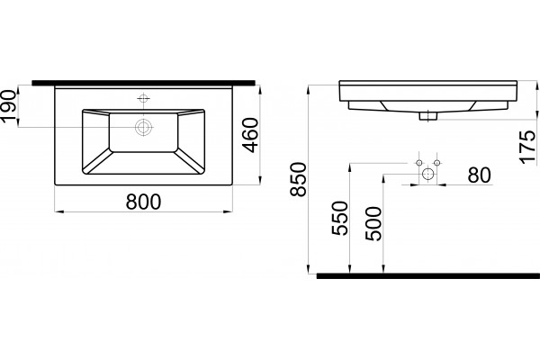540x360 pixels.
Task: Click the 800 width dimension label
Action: [143, 202]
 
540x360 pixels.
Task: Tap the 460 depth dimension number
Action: [250, 135]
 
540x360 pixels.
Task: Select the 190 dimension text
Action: [8, 105]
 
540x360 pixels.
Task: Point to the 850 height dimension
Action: [298, 179]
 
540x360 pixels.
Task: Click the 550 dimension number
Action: [340, 218]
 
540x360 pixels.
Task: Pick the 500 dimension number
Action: [373, 223]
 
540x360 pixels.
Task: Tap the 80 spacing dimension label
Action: [479, 175]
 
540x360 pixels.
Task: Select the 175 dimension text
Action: [528, 147]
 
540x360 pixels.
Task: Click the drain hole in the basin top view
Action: [143, 127]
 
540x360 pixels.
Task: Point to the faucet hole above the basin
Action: [143, 98]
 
